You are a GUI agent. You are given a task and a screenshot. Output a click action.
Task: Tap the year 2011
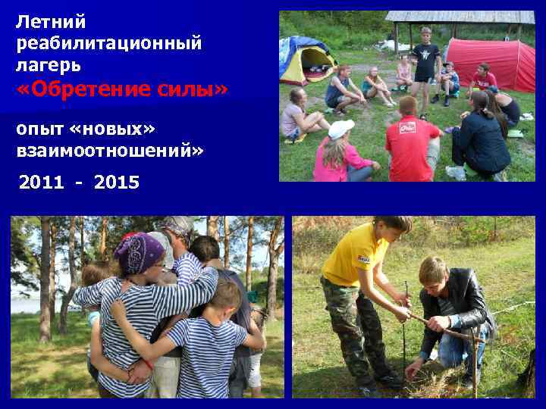[x=42, y=183]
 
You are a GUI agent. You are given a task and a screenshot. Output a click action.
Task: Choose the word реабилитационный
[x=109, y=43]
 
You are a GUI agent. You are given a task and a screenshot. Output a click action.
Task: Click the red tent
[x=491, y=62]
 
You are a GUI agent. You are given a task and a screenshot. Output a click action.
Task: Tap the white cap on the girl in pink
[x=340, y=129]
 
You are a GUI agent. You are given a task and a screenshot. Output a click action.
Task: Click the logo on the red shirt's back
[x=407, y=126]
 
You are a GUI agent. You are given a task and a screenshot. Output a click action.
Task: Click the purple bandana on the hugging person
[x=139, y=252]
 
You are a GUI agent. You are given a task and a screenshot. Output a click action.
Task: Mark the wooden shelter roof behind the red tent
[x=459, y=17]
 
